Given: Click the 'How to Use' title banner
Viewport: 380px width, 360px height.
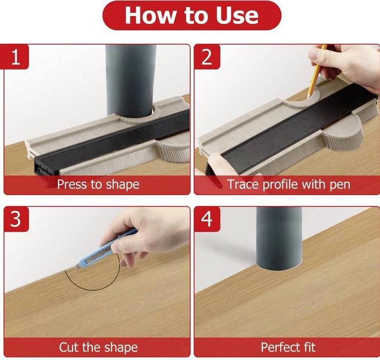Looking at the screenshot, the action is [192, 15].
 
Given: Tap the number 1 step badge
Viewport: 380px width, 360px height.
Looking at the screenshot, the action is [16, 56].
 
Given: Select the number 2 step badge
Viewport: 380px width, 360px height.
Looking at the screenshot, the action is [207, 56].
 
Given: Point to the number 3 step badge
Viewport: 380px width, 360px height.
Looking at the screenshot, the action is [16, 219].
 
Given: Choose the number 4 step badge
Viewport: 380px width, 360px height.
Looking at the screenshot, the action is [207, 219].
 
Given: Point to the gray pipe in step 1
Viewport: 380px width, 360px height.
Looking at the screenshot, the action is [131, 80].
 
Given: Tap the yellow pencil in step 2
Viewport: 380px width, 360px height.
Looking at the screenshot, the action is [316, 71].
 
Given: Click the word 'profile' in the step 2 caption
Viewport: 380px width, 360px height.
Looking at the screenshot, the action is [281, 185].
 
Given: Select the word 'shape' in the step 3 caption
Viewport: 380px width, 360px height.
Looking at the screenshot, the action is [122, 348].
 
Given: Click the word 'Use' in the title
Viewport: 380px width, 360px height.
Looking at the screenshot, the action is [237, 16].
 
